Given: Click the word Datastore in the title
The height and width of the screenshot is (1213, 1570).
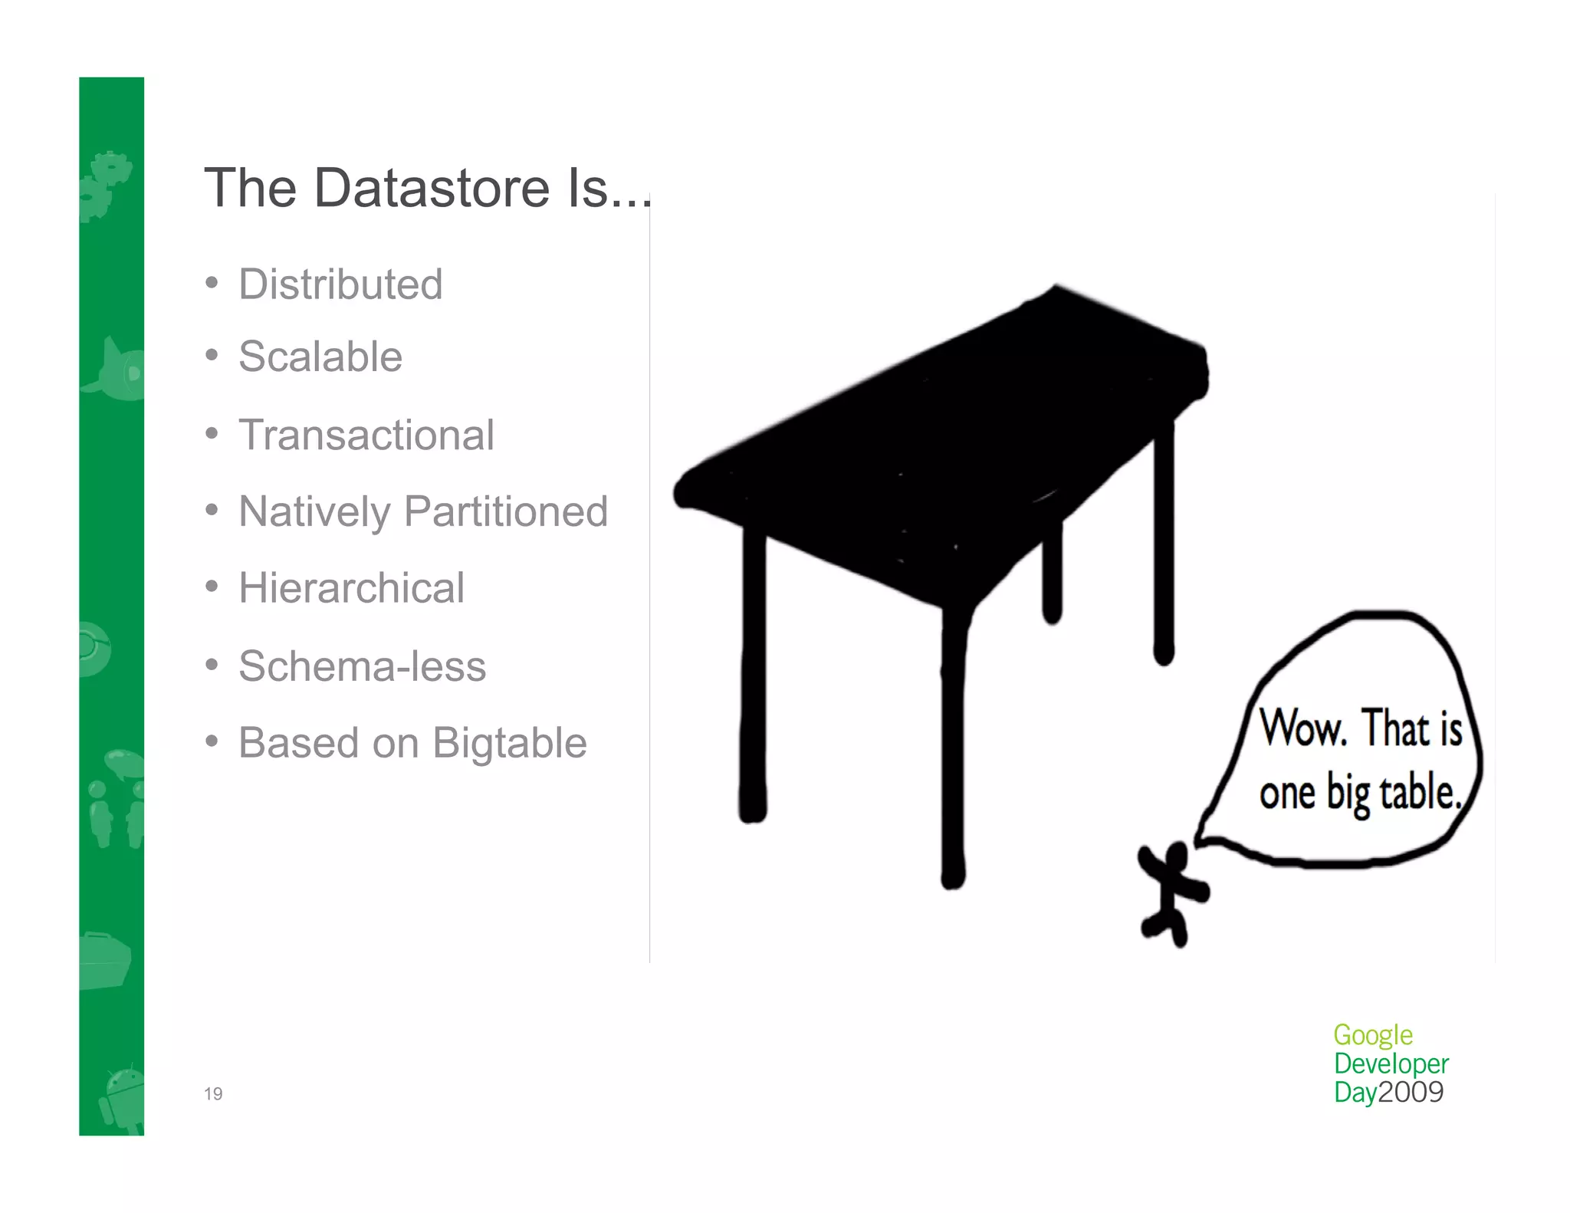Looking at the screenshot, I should (x=432, y=188).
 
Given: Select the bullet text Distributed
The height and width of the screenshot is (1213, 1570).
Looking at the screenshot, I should (x=340, y=284).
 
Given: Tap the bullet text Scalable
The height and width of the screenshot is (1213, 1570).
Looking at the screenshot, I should (x=320, y=357).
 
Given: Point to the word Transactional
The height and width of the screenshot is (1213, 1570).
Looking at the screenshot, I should (x=366, y=435).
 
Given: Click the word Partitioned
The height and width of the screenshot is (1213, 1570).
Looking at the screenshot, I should (x=506, y=511).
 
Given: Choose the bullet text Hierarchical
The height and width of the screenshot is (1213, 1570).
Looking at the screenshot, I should (x=351, y=588).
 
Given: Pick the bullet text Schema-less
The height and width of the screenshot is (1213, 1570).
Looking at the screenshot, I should (x=362, y=666).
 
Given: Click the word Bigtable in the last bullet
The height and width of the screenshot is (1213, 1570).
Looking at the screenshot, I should (x=510, y=743).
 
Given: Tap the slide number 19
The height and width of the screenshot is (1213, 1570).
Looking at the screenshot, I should (x=213, y=1094).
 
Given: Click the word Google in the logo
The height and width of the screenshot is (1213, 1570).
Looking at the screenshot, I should (x=1372, y=1035).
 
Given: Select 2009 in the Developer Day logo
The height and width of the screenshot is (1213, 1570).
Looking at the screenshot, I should (x=1411, y=1092).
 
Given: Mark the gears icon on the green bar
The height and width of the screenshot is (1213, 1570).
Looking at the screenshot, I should (x=107, y=184).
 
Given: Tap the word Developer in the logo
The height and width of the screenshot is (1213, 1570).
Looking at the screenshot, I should (x=1391, y=1063).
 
